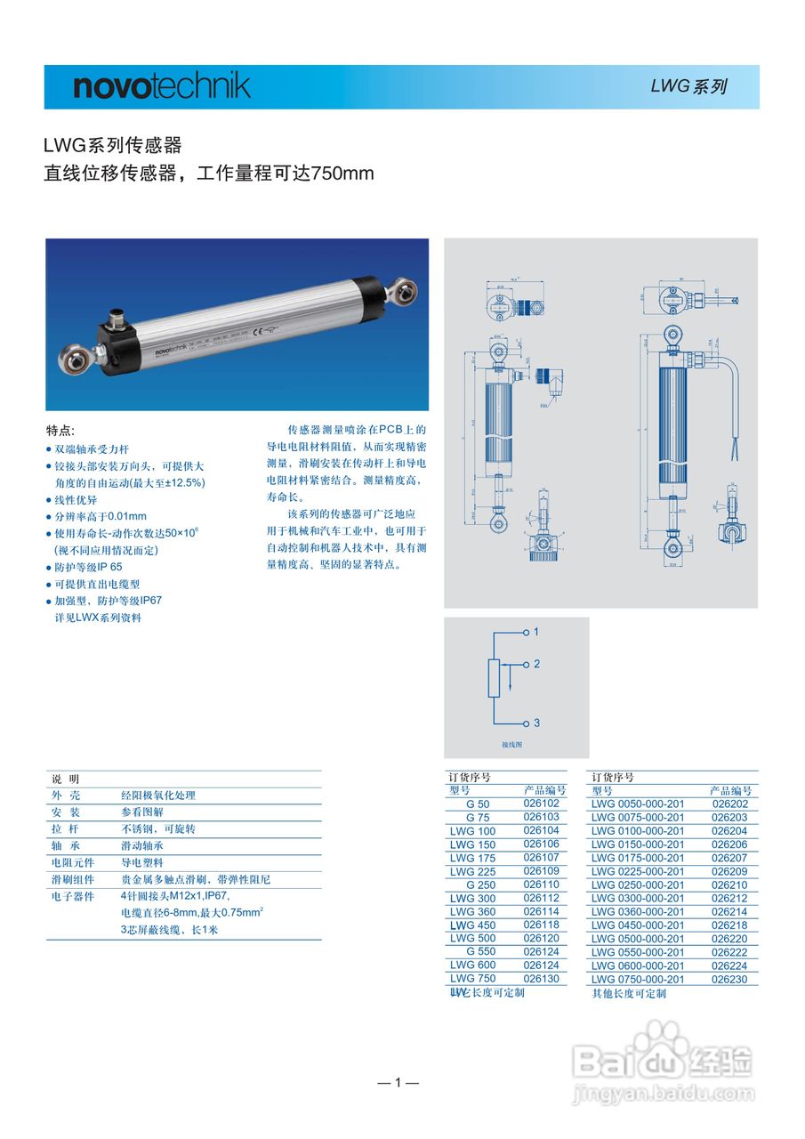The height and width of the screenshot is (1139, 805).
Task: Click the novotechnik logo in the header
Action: pyautogui.click(x=161, y=86)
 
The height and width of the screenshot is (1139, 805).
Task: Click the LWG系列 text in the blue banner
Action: pyautogui.click(x=688, y=86)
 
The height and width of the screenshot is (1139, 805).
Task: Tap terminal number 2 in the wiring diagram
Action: pyautogui.click(x=536, y=664)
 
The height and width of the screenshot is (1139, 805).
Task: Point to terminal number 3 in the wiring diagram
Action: pyautogui.click(x=536, y=723)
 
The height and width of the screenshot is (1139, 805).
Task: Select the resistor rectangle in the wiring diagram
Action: pyautogui.click(x=495, y=678)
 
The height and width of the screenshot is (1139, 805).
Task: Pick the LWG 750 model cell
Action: pyautogui.click(x=472, y=979)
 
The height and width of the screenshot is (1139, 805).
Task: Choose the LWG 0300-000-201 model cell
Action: pyautogui.click(x=638, y=899)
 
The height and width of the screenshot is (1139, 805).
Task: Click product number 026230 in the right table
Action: pyautogui.click(x=729, y=980)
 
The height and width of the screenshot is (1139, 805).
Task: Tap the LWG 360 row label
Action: pyautogui.click(x=472, y=911)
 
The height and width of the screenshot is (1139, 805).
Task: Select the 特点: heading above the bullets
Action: pyautogui.click(x=60, y=430)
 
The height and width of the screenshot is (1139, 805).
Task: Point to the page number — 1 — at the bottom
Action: pyautogui.click(x=398, y=1082)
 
